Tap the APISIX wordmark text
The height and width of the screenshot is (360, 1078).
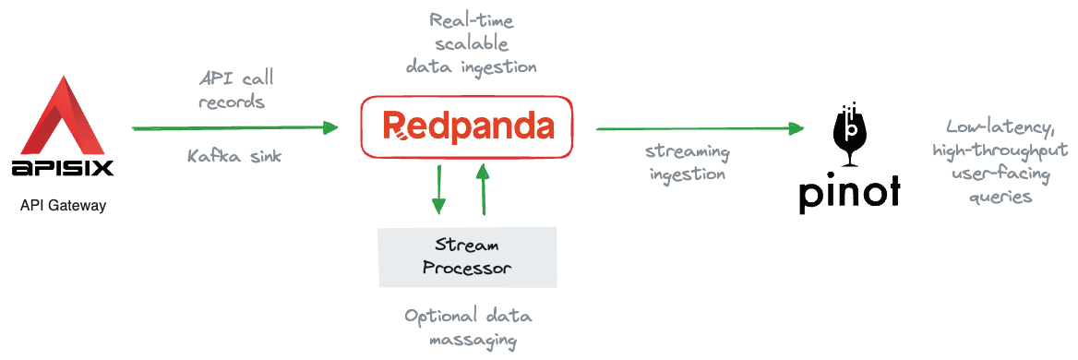[x=63, y=168]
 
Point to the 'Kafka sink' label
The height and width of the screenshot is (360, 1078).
[x=234, y=157]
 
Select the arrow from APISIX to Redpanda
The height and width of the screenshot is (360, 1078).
[x=235, y=127]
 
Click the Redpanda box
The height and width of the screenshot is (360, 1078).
[x=466, y=127]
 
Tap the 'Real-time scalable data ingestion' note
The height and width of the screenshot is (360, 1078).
[x=471, y=43]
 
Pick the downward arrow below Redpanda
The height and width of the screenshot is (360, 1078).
[x=437, y=189]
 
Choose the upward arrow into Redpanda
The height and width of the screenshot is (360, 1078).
[x=484, y=189]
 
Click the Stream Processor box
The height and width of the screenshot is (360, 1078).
[x=468, y=257]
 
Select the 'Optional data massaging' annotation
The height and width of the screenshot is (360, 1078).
[x=468, y=328]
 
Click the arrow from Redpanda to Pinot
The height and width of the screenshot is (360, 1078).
[x=700, y=128]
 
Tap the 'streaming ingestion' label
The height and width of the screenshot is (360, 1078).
[x=688, y=162]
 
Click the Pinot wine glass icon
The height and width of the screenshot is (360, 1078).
[x=850, y=135]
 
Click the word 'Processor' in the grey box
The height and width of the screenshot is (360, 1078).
[x=468, y=269]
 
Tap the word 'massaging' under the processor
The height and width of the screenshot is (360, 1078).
[x=468, y=340]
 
